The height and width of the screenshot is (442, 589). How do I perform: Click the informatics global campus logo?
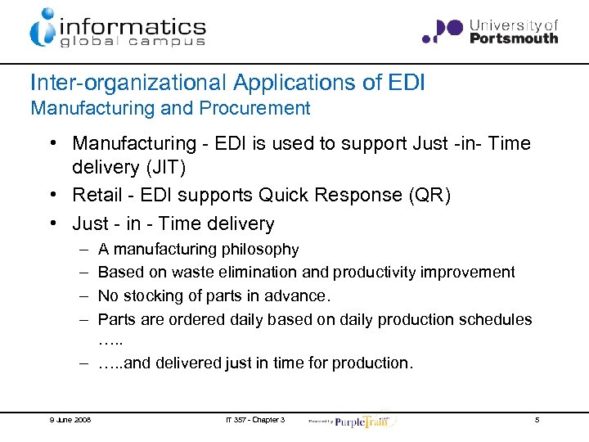click(118, 28)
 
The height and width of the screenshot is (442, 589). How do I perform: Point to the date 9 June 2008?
click(69, 420)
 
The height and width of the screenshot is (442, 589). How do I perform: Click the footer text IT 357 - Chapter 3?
click(256, 420)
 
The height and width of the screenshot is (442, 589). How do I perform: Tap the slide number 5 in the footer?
click(537, 420)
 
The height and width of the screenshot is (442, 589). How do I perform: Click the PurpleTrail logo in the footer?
click(360, 420)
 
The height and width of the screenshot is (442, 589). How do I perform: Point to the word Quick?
click(282, 196)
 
